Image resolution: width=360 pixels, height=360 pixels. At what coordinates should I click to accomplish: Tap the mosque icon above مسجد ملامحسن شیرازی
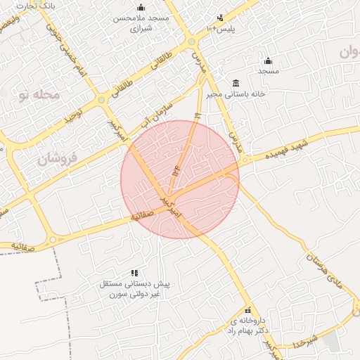pyautogui.click(x=141, y=7)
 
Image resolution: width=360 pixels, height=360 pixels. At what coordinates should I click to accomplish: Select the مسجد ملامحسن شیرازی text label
pyautogui.click(x=141, y=22)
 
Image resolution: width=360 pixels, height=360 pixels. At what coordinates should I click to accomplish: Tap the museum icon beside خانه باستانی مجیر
pyautogui.click(x=235, y=83)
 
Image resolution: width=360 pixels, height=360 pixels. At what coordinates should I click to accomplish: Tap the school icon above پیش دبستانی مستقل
pyautogui.click(x=134, y=273)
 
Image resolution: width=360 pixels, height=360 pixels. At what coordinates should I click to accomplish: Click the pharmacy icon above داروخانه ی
pyautogui.click(x=247, y=310)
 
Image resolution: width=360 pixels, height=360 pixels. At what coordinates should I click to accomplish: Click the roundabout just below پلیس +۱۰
pyautogui.click(x=191, y=42)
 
